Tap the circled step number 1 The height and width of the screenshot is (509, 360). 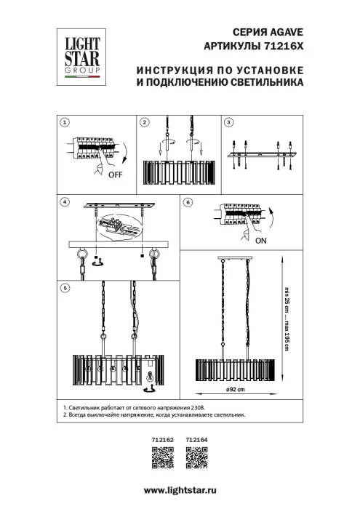pyautogui.click(x=64, y=122)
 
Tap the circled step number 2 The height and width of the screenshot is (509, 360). pyautogui.click(x=145, y=122)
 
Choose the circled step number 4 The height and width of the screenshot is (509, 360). pyautogui.click(x=64, y=201)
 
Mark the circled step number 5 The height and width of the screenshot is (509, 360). pyautogui.click(x=64, y=288)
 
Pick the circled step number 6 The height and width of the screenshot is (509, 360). pyautogui.click(x=188, y=201)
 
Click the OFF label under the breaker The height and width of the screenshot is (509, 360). pyautogui.click(x=115, y=175)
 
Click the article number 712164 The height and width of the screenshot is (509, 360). pyautogui.click(x=197, y=439)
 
